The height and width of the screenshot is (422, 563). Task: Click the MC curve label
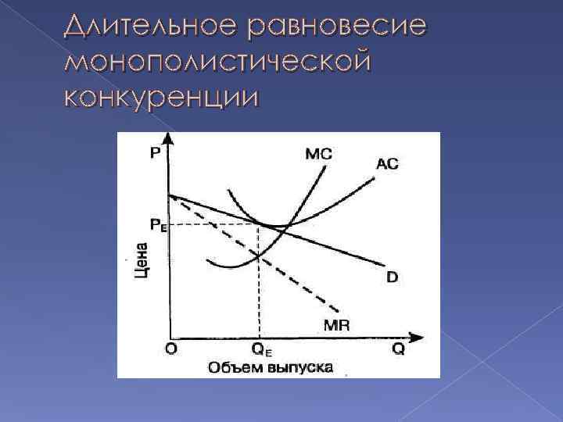click(317, 154)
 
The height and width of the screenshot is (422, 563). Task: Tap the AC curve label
click(387, 164)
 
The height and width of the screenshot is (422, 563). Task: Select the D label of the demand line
click(392, 277)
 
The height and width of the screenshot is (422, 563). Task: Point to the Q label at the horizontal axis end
click(398, 349)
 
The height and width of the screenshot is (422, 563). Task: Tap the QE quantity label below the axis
click(263, 350)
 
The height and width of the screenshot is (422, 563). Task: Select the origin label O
click(170, 349)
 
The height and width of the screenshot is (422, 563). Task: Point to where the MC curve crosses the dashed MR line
click(259, 255)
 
